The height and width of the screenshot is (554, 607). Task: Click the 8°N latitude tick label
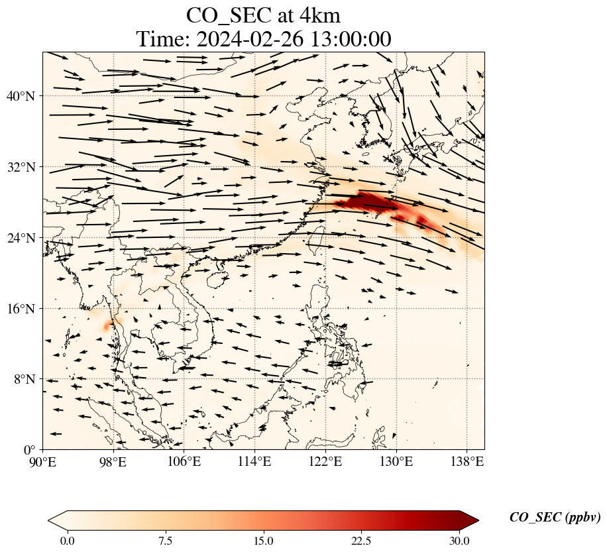pos(24,380)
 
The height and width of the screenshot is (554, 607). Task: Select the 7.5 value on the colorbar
pos(165,541)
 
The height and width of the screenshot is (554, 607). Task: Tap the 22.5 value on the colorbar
pos(361,541)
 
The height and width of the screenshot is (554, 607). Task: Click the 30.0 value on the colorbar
pos(459,541)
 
